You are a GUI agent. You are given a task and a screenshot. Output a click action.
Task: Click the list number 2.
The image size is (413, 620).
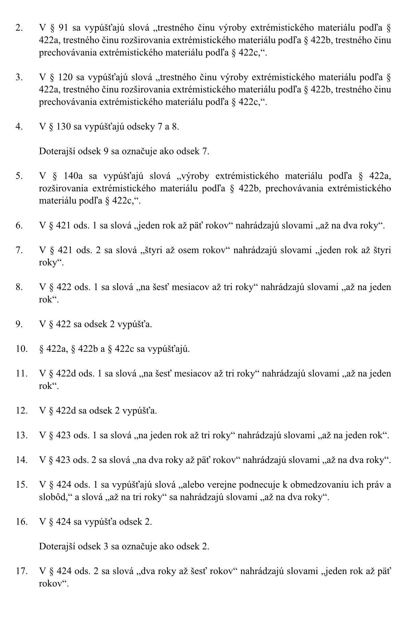[x=19, y=28]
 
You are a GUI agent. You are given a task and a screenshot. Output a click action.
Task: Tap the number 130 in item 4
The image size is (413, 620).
[x=64, y=127]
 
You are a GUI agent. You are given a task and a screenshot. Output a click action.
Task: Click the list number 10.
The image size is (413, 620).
[x=21, y=349]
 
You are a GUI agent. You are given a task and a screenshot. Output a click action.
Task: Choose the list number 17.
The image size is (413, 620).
[x=21, y=571]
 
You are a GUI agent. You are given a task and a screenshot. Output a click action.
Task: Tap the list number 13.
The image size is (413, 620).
[x=21, y=435]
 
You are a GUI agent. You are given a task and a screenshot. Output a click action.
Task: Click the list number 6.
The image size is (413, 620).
[x=19, y=225]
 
